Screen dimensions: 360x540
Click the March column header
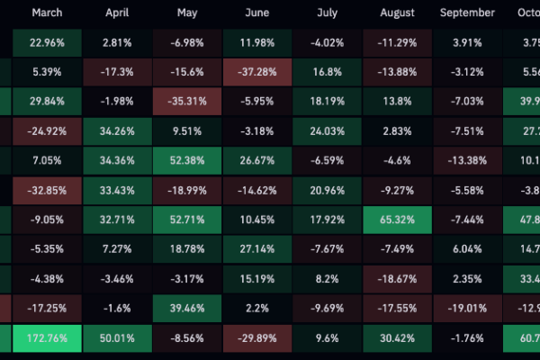[x=47, y=13]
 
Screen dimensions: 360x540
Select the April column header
[x=118, y=13]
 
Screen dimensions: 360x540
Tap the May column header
[x=188, y=13]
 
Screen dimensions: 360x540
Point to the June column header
[x=257, y=13]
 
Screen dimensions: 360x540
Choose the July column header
[x=328, y=13]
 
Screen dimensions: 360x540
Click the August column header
[x=398, y=13]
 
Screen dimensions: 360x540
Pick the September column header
[x=468, y=13]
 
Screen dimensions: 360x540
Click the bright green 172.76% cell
[x=47, y=340]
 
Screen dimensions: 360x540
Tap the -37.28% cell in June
[x=257, y=72]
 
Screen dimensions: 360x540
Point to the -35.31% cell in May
[x=188, y=102]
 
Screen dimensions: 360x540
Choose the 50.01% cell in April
[x=118, y=340]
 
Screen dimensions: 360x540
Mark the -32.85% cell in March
[x=47, y=191]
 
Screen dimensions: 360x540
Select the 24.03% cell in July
[x=328, y=131]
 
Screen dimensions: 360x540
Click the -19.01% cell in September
[x=468, y=310]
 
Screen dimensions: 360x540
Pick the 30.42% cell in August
[x=398, y=340]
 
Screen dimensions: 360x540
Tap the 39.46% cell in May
[x=188, y=310]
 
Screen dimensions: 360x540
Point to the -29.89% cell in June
[x=257, y=340]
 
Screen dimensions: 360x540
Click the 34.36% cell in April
[x=118, y=161]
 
